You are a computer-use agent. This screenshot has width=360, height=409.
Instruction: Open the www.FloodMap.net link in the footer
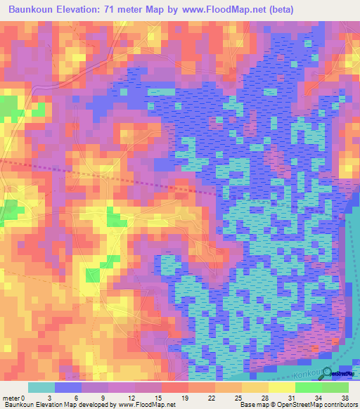(x=148, y=404)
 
